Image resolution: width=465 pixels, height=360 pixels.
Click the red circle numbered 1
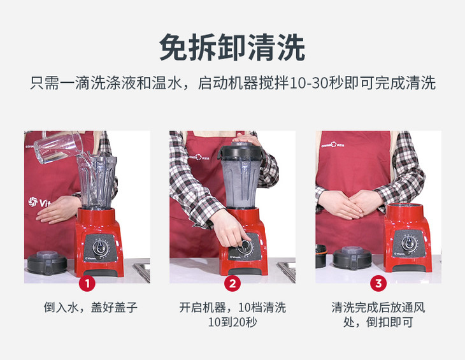click(x=87, y=284)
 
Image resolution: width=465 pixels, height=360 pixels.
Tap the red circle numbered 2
click(x=232, y=284)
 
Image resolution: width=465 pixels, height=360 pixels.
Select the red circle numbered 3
click(x=378, y=284)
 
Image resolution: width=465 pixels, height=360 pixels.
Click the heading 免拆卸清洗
click(x=232, y=47)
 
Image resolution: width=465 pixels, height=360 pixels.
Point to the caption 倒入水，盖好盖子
click(x=90, y=307)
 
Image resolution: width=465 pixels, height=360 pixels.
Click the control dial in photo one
click(x=99, y=247)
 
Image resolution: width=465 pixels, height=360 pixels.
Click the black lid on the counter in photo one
click(x=47, y=263)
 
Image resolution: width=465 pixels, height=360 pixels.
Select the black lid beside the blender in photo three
click(x=352, y=257)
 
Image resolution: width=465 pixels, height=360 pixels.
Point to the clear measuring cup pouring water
click(x=59, y=147)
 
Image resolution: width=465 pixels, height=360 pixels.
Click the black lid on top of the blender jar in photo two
click(x=241, y=150)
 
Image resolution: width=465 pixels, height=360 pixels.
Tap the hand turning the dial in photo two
click(x=229, y=228)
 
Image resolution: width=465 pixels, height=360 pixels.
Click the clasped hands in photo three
click(x=349, y=204)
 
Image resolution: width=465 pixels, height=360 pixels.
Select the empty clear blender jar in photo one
click(x=97, y=182)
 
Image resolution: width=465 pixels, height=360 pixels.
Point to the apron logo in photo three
click(x=333, y=145)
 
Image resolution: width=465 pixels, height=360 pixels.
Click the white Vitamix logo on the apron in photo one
click(x=39, y=202)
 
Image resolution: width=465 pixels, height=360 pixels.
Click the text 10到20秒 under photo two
click(x=232, y=322)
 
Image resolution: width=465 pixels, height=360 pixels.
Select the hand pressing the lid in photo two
click(x=245, y=139)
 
